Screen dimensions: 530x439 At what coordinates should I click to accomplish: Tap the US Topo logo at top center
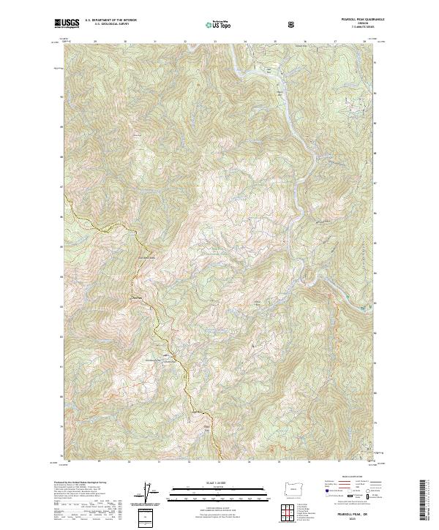(x=219, y=24)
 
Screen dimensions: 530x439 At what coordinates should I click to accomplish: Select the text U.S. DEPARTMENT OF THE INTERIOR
(x=110, y=20)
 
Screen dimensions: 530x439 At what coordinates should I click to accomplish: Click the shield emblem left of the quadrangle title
(x=293, y=24)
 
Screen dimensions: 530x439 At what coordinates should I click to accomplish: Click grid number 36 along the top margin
(x=304, y=41)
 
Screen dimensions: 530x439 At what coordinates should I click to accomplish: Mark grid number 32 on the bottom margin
(x=189, y=462)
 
